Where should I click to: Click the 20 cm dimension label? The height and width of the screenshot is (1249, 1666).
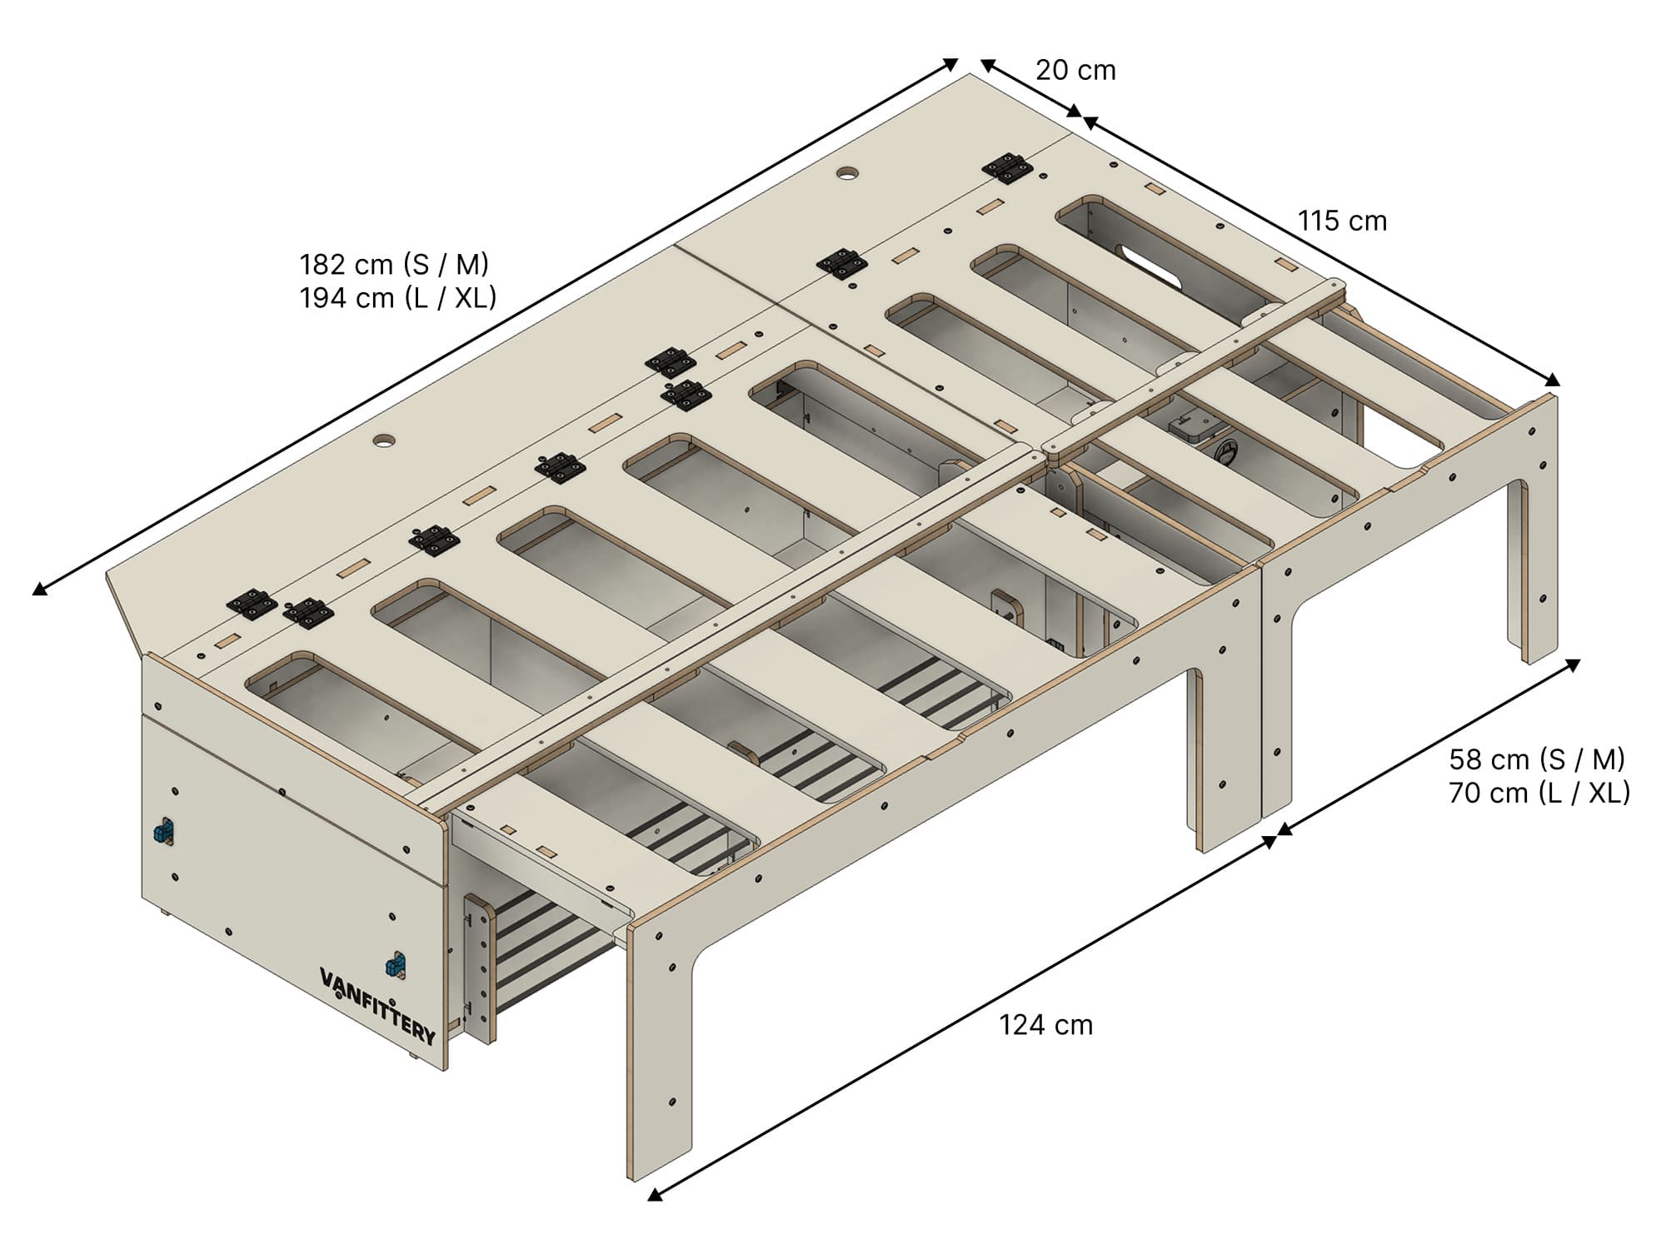click(1075, 70)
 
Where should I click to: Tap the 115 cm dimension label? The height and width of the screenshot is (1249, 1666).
click(1342, 221)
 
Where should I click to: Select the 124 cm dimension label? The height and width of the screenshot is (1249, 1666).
click(1046, 1024)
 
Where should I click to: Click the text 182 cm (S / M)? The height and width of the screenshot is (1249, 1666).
click(394, 264)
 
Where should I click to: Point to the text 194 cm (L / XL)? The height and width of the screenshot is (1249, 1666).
click(398, 297)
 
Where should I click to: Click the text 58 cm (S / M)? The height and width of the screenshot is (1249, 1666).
click(1537, 759)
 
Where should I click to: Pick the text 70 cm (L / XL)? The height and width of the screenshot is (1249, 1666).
click(1539, 793)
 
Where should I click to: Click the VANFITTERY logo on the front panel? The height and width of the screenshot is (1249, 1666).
click(377, 1005)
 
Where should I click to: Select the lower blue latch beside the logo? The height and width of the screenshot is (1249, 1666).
click(395, 964)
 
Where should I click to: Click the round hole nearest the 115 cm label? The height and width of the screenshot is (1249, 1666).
click(849, 174)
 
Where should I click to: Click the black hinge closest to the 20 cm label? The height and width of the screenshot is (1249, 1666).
click(1008, 168)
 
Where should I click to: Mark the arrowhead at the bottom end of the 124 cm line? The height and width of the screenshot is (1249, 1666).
click(655, 1194)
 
